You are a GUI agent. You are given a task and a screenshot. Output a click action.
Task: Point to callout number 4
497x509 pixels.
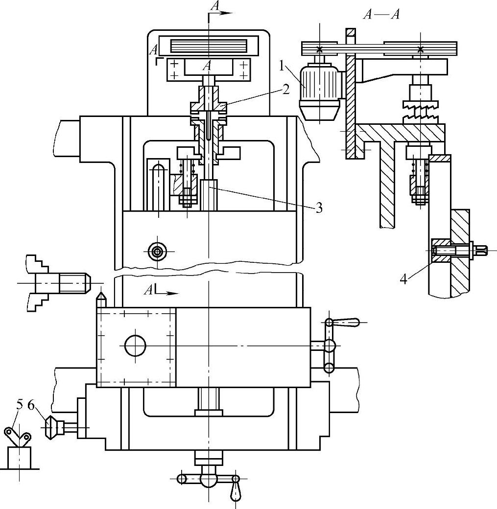[x=403, y=279]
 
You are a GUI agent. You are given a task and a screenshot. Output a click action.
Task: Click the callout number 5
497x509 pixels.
[x=20, y=405]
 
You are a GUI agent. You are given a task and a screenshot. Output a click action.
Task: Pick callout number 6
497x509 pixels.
[x=31, y=405]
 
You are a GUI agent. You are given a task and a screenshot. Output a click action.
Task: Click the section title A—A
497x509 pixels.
[x=381, y=15]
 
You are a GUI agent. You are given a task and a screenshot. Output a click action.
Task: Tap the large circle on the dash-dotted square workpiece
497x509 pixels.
[x=135, y=346]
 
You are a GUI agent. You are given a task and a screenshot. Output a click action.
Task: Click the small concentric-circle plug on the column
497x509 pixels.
[x=158, y=251]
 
